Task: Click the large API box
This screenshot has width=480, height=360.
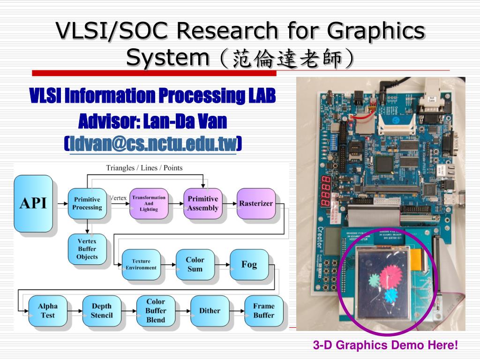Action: point(33,203)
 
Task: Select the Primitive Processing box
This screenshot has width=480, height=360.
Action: point(87,203)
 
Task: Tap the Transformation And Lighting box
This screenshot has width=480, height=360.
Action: point(149,203)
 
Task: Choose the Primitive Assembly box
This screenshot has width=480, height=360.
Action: point(203,203)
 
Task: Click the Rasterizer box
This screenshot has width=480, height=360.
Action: point(256,203)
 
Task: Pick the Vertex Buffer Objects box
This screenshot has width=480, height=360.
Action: point(87,249)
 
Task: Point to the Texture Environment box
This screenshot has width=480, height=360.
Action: point(141,264)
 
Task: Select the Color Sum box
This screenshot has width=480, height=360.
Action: point(195,264)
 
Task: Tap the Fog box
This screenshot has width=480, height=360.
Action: point(249,264)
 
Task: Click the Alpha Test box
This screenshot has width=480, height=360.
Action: point(48,311)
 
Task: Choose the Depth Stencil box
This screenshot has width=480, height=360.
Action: point(102,311)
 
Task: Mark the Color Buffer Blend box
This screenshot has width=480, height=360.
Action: point(156,311)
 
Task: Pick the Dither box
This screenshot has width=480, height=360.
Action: point(210,311)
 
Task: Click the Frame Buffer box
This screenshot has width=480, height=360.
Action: point(264,311)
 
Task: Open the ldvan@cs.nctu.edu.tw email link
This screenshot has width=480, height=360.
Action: point(153,144)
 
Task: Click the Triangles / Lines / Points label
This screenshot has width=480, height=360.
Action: point(144,168)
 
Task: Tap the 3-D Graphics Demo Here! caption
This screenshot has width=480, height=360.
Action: point(385,345)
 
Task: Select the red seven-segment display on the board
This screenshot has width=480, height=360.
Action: point(324,192)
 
